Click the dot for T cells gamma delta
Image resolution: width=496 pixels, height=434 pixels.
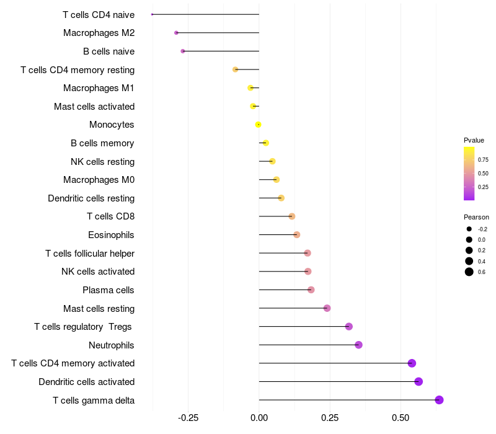pyautogui.click(x=440, y=400)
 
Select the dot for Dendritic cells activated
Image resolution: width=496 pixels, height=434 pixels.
pyautogui.click(x=418, y=381)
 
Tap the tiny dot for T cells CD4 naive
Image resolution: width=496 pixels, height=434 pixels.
pyautogui.click(x=153, y=14)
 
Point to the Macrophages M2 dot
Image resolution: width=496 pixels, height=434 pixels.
pyautogui.click(x=176, y=32)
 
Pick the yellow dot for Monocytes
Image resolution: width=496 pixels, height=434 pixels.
pyautogui.click(x=259, y=125)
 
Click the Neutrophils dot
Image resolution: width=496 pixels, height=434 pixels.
pyautogui.click(x=358, y=345)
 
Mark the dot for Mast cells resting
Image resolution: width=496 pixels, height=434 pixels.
pyautogui.click(x=327, y=308)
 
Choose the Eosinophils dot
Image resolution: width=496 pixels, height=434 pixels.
pyautogui.click(x=297, y=234)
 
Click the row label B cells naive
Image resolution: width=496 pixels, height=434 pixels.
pyautogui.click(x=108, y=51)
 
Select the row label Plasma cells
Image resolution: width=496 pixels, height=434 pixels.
pyautogui.click(x=108, y=290)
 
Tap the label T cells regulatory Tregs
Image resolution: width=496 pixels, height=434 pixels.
pyautogui.click(x=84, y=327)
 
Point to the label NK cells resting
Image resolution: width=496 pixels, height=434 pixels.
pyautogui.click(x=102, y=162)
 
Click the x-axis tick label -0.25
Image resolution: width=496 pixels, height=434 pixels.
pyautogui.click(x=188, y=417)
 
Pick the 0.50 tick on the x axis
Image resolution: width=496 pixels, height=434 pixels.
pyautogui.click(x=401, y=417)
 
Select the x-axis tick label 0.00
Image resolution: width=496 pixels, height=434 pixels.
pyautogui.click(x=259, y=417)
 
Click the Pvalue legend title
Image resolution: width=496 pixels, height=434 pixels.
pyautogui.click(x=474, y=140)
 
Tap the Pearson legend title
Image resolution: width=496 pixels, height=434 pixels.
pyautogui.click(x=476, y=217)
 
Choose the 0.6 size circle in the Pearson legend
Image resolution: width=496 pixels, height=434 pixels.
pyautogui.click(x=469, y=272)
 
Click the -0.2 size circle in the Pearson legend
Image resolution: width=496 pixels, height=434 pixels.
pyautogui.click(x=469, y=229)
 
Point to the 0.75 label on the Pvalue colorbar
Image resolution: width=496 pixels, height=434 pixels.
pyautogui.click(x=483, y=159)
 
